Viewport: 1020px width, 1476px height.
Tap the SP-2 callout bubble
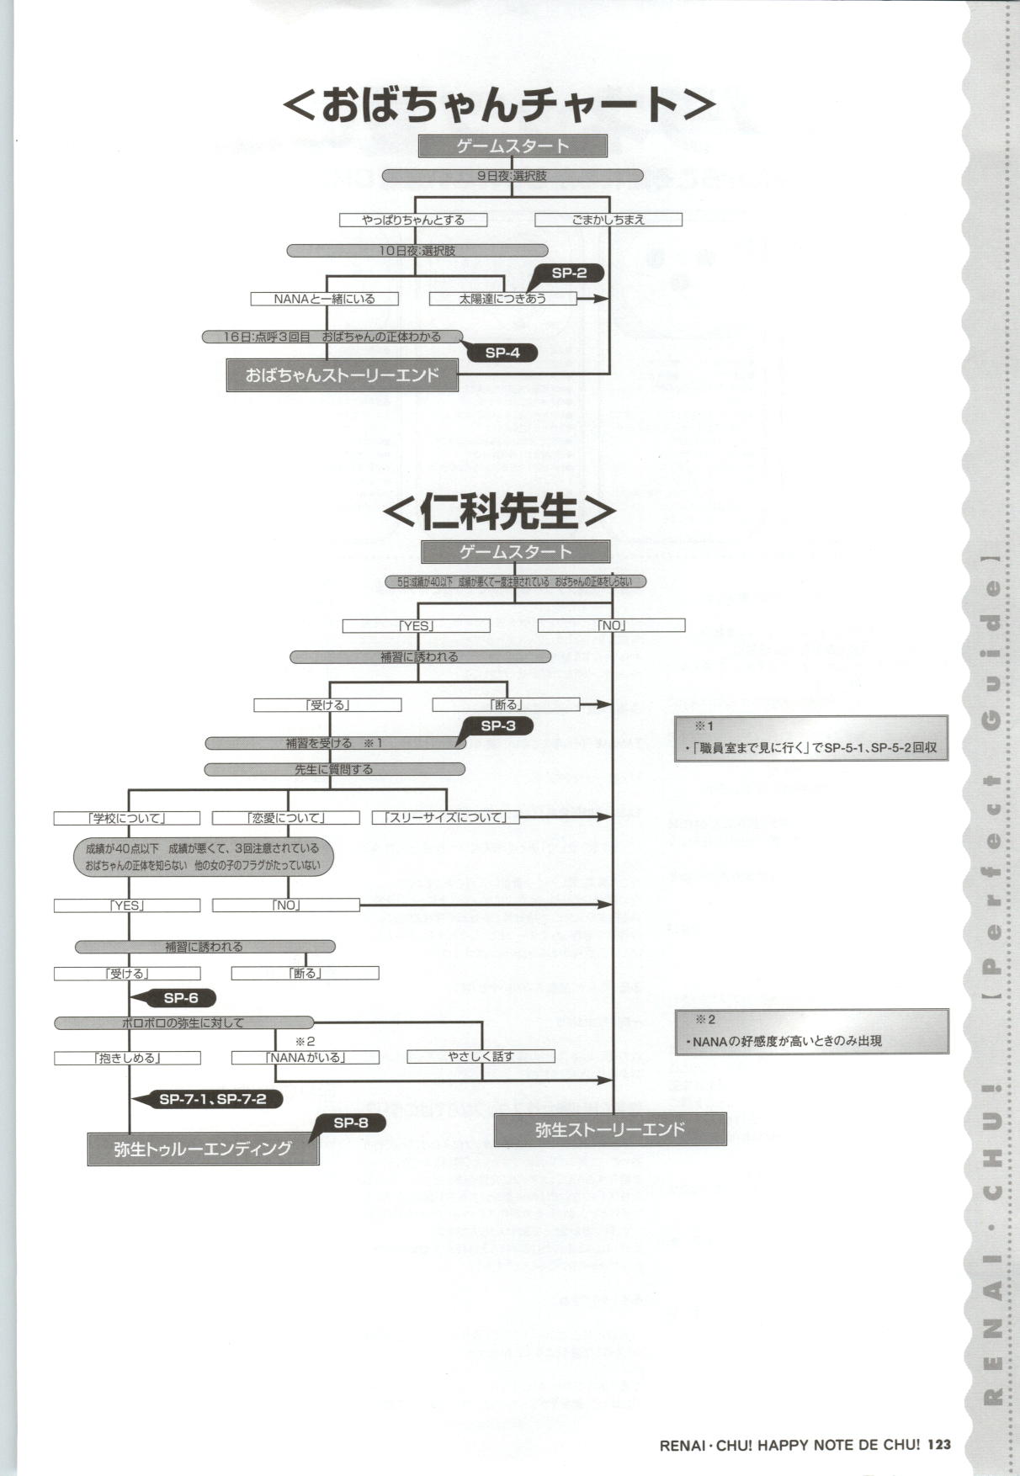click(x=570, y=273)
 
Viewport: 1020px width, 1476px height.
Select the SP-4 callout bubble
click(x=503, y=353)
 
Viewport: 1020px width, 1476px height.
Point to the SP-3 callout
click(x=499, y=726)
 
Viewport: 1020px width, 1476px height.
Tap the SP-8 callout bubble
click(x=351, y=1123)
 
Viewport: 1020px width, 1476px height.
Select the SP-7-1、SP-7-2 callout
click(x=212, y=1099)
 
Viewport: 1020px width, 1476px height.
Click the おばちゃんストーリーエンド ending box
click(x=343, y=375)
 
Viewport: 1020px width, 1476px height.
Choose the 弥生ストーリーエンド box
click(x=610, y=1129)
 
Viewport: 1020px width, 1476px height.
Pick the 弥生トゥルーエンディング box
click(x=203, y=1149)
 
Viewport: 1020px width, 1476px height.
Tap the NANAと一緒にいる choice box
click(x=324, y=299)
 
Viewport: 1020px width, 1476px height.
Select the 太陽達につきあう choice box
click(x=502, y=299)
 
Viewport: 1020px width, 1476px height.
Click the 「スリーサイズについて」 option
click(x=445, y=817)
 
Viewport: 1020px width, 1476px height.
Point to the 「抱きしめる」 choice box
click(x=127, y=1058)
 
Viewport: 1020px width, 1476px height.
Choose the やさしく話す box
click(x=481, y=1056)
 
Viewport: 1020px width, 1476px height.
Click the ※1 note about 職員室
click(x=811, y=738)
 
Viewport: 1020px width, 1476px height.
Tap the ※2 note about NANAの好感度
click(x=811, y=1032)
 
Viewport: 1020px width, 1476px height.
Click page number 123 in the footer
click(x=939, y=1445)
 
